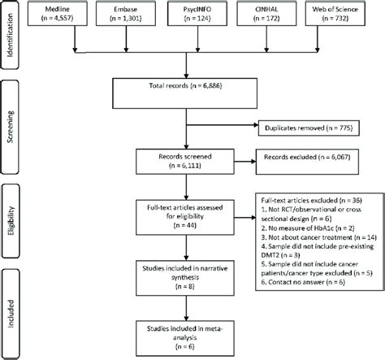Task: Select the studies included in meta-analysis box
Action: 192,336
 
